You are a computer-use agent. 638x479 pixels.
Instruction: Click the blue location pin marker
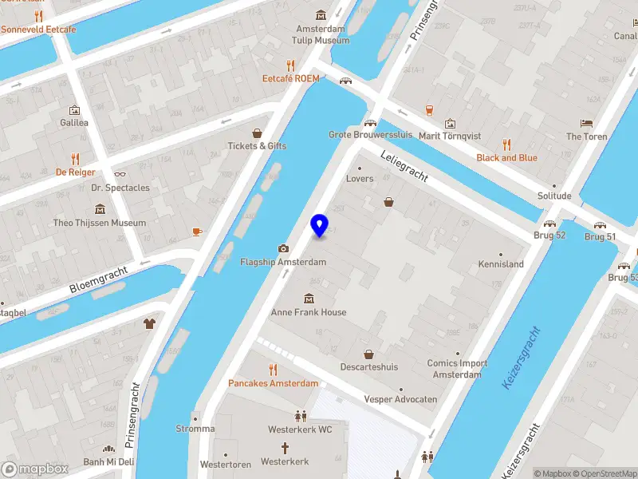[x=319, y=225]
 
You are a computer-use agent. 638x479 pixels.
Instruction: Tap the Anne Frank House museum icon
[x=309, y=299]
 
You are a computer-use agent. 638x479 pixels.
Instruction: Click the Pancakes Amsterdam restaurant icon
[x=273, y=370]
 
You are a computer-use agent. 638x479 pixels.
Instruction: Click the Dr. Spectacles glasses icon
[x=120, y=174]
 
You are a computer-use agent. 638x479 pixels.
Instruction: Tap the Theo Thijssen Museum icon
[x=100, y=209]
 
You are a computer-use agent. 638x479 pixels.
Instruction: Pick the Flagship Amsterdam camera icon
[x=283, y=248]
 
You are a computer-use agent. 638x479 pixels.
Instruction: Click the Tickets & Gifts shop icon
[x=257, y=133]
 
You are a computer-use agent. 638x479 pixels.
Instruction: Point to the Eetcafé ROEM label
[x=291, y=78]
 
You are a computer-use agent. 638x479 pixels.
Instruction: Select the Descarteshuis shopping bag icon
[x=369, y=354]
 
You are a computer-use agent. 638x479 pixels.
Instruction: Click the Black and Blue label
[x=506, y=158]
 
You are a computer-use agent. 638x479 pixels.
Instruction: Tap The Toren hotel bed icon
[x=587, y=123]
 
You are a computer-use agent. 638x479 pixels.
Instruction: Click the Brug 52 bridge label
[x=549, y=236]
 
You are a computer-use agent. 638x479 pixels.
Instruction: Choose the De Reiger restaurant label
[x=75, y=172]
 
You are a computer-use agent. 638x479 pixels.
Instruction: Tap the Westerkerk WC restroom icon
[x=300, y=416]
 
